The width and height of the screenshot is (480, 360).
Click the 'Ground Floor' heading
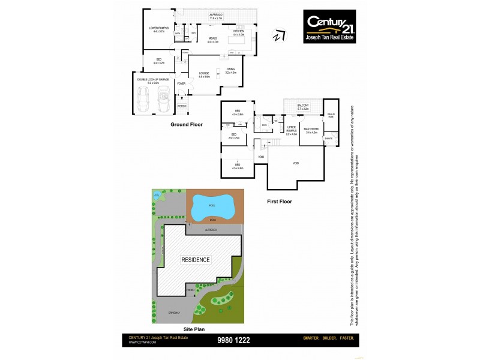186,125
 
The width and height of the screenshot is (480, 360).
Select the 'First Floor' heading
279,202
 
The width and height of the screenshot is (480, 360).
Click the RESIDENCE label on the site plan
196,260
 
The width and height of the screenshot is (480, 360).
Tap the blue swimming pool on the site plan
211,208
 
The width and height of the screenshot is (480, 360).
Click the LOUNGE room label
205,74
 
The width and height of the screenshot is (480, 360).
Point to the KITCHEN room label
238,31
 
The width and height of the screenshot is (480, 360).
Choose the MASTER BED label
310,129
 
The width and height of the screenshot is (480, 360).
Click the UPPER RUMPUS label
292,129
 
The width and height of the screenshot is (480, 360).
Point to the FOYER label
181,83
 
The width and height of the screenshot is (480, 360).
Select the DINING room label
231,70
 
